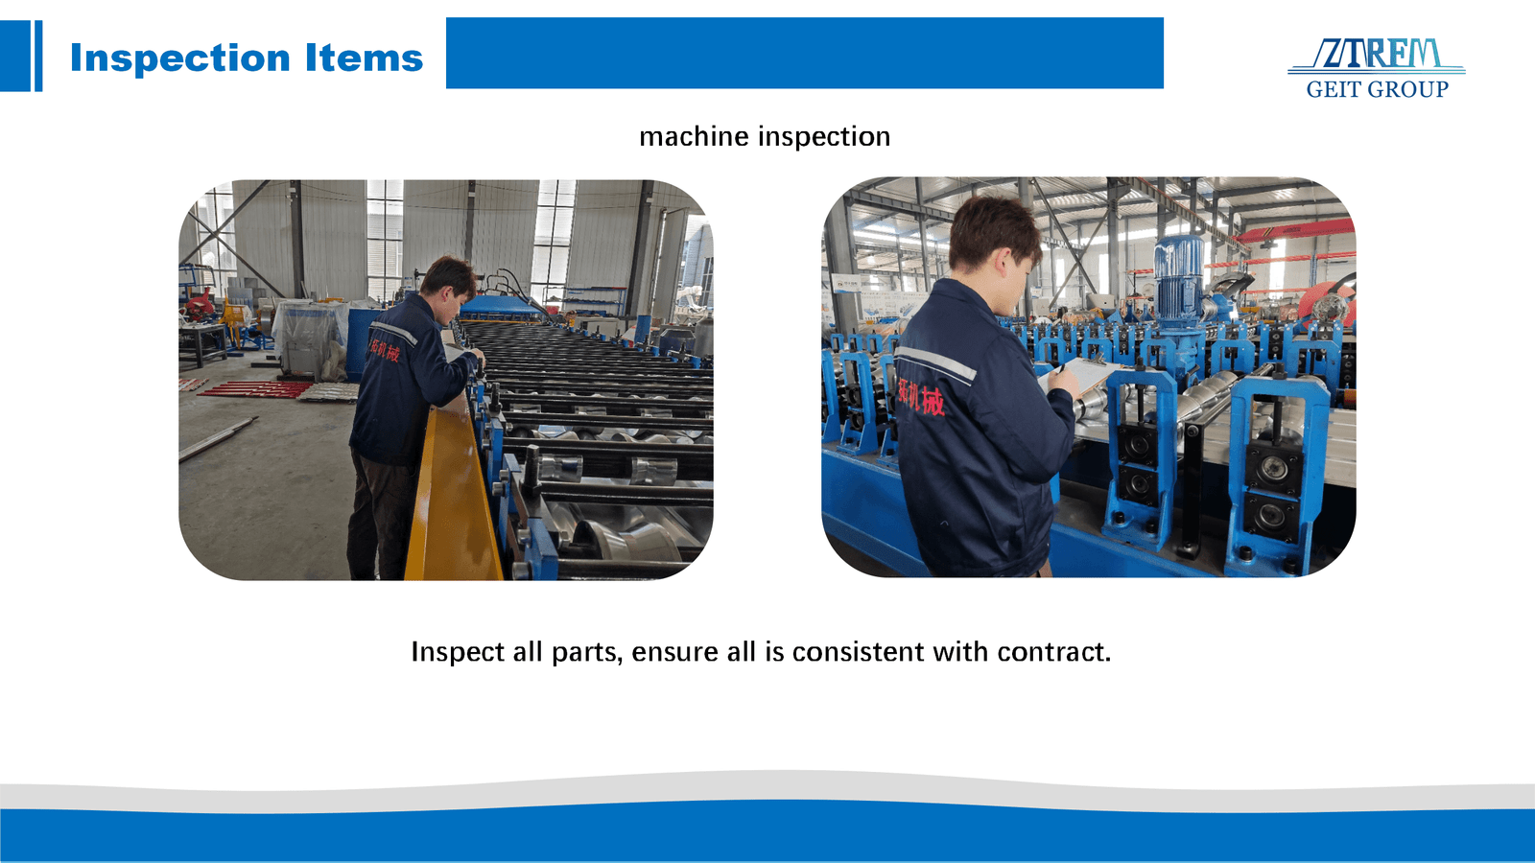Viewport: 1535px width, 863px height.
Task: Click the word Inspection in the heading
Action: (179, 58)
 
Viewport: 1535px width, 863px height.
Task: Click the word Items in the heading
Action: (364, 58)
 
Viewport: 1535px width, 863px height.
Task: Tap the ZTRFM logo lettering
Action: (1378, 55)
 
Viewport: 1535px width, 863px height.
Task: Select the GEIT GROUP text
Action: (1377, 90)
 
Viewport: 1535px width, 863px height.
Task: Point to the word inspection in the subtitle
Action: (824, 137)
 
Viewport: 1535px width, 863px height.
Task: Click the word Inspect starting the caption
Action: (458, 653)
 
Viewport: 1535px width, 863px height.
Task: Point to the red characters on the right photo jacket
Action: (921, 396)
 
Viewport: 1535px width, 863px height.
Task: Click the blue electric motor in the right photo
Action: (1177, 273)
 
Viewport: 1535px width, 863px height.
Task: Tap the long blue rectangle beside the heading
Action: (804, 54)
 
